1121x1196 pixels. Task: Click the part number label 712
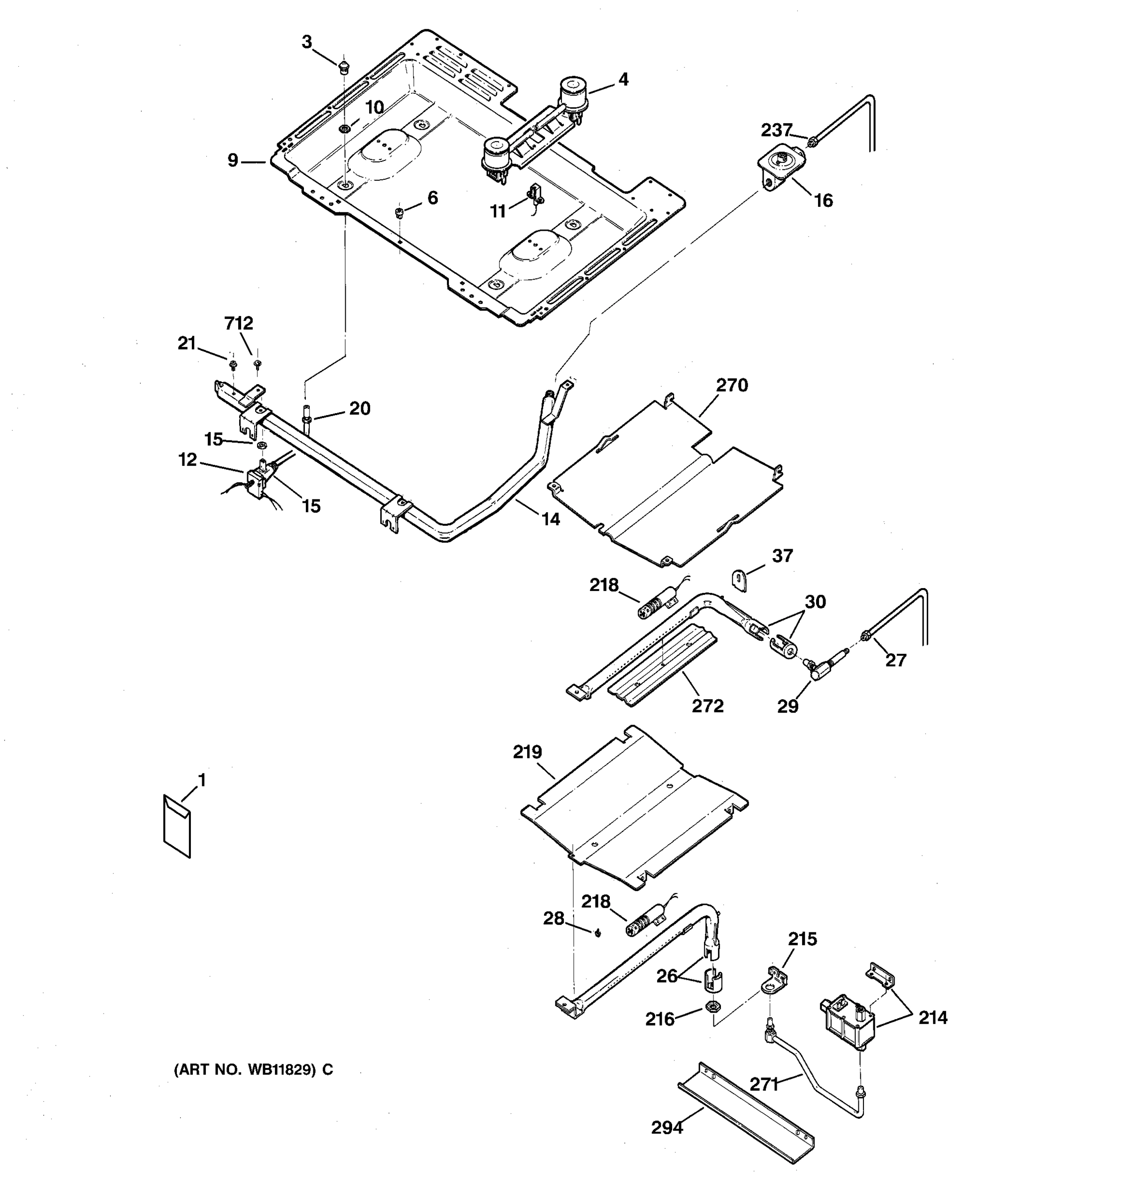tap(239, 323)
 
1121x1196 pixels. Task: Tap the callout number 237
tap(776, 130)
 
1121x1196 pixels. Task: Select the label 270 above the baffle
tap(732, 385)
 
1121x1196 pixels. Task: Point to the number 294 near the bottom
tap(667, 1127)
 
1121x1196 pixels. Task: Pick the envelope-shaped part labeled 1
tap(177, 825)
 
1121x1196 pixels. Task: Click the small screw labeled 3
tap(344, 66)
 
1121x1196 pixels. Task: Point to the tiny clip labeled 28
tap(598, 932)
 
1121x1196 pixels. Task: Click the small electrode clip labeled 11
tap(535, 195)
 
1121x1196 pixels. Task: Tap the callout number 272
tap(707, 705)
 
